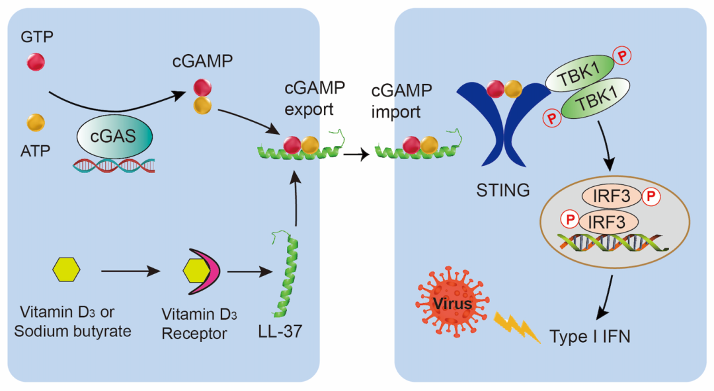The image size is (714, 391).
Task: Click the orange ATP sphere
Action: (35, 122)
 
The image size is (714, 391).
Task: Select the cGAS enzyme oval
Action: (114, 137)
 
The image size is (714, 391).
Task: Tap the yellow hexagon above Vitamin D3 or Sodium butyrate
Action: (66, 270)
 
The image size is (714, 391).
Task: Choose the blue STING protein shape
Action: (503, 133)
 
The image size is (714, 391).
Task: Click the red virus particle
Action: (453, 303)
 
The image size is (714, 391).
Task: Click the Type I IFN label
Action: (590, 336)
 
